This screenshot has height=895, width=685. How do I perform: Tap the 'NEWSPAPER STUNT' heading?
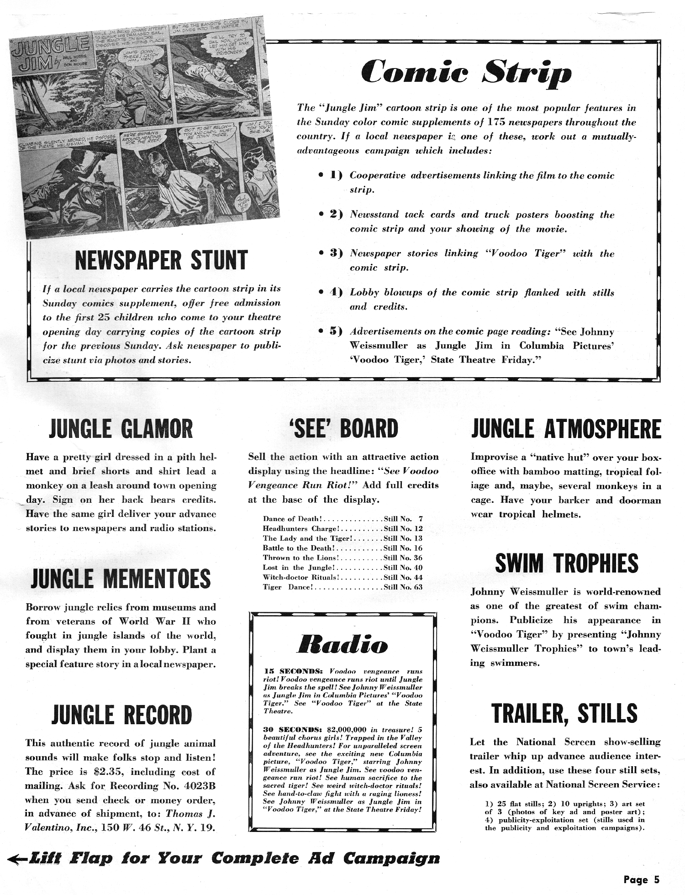click(161, 260)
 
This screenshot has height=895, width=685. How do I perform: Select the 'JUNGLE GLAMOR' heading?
click(121, 429)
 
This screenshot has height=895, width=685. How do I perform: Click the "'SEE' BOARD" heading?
click(343, 429)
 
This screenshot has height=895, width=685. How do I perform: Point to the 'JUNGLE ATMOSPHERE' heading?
click(566, 429)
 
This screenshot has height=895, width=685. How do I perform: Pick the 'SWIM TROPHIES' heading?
click(566, 563)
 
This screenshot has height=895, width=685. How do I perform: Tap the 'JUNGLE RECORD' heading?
click(121, 716)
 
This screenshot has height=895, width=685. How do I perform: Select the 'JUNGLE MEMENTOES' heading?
click(121, 579)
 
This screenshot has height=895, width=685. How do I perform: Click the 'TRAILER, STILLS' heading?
click(564, 713)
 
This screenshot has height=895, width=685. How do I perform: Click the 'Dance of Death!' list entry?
click(293, 519)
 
